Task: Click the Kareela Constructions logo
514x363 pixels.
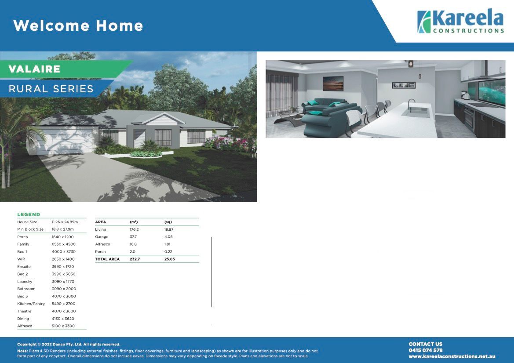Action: click(x=460, y=22)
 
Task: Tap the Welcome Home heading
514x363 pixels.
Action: click(x=78, y=25)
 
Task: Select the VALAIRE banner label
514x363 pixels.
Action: click(x=34, y=69)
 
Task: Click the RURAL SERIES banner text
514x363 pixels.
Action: click(x=51, y=89)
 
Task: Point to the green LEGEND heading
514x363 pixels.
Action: click(x=29, y=214)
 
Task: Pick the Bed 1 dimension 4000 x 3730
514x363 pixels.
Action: click(x=63, y=252)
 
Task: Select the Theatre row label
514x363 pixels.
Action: click(x=24, y=311)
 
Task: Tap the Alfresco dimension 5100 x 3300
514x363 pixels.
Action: click(x=63, y=326)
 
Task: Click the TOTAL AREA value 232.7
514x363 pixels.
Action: click(x=135, y=259)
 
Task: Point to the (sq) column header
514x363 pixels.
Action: click(x=168, y=222)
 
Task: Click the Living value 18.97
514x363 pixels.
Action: click(x=169, y=229)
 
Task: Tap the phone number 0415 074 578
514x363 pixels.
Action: click(x=426, y=350)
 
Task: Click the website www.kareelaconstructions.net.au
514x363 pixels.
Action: click(x=452, y=356)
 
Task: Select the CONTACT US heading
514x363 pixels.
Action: click(x=426, y=344)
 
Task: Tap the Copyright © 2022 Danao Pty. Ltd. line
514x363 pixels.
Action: click(x=69, y=345)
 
